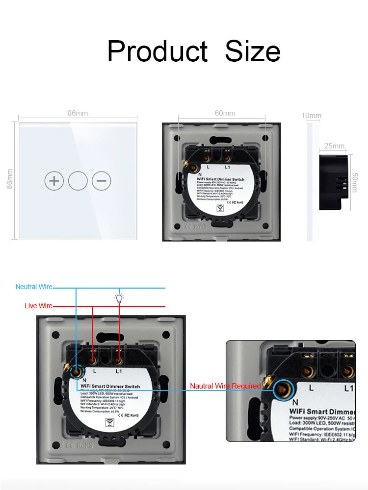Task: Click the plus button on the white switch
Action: pyautogui.click(x=54, y=181)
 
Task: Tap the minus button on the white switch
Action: pyautogui.click(x=101, y=181)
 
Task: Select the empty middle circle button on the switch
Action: pyautogui.click(x=78, y=181)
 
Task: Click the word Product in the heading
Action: pyautogui.click(x=157, y=51)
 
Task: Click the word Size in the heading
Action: pyautogui.click(x=253, y=51)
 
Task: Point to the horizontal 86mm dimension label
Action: pyautogui.click(x=78, y=113)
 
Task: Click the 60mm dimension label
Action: pyautogui.click(x=225, y=113)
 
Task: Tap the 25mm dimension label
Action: pyautogui.click(x=334, y=146)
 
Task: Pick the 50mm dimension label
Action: pyautogui.click(x=354, y=182)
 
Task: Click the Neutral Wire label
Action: pyautogui.click(x=34, y=287)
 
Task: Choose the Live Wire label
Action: pyautogui.click(x=38, y=306)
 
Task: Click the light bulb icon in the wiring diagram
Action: pyautogui.click(x=119, y=297)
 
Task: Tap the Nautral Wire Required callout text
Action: pyautogui.click(x=225, y=386)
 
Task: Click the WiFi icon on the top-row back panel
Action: pyautogui.click(x=222, y=208)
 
